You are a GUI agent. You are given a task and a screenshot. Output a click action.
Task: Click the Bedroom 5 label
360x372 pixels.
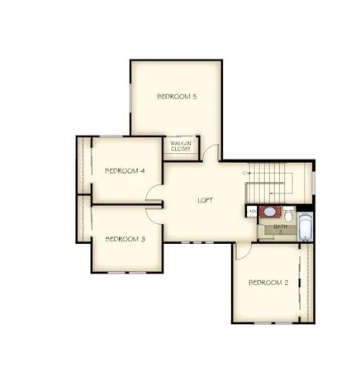pos(177,97)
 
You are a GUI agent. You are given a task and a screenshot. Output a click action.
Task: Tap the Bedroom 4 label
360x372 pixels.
pos(126,170)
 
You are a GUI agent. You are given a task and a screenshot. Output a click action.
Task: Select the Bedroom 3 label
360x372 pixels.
pos(126,239)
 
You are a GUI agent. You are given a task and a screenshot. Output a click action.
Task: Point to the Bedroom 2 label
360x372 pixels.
pos(268,283)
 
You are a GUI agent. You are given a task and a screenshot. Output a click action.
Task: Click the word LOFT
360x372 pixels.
pos(206,201)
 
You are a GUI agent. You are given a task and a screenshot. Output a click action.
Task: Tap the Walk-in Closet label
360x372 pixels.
pos(181,146)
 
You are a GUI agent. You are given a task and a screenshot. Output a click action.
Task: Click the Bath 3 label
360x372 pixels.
pos(280,228)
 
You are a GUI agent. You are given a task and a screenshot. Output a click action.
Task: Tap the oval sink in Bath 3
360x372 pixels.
pos(269,212)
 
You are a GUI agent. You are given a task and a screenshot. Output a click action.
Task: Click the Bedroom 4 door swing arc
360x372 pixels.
pos(154,193)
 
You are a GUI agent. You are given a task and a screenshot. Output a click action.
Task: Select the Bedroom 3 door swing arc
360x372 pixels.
pos(154,209)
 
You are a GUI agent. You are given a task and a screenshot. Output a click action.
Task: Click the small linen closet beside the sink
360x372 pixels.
pos(251,212)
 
